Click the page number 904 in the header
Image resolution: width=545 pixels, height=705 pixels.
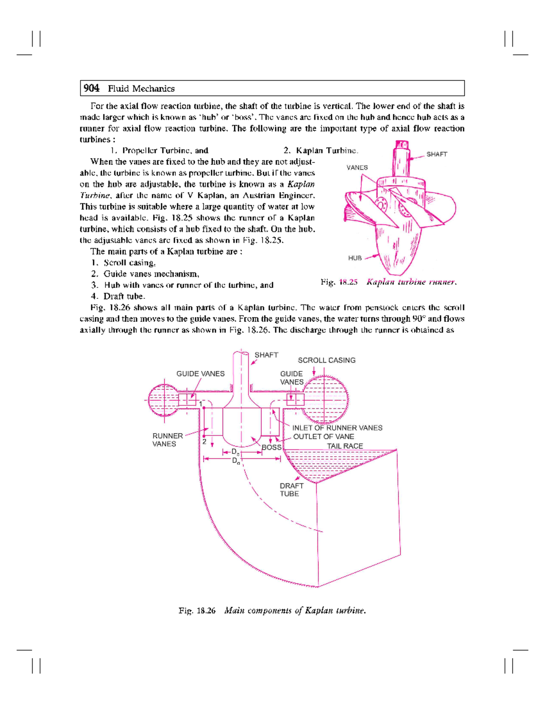(x=91, y=88)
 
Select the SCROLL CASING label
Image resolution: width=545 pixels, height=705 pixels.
(x=326, y=360)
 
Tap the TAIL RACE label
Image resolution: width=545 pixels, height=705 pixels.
(x=345, y=446)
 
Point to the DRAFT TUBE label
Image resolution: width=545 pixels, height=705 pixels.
(x=291, y=489)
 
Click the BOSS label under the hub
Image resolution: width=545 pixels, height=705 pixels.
(x=271, y=447)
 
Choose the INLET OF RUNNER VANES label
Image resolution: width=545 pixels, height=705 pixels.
(x=337, y=428)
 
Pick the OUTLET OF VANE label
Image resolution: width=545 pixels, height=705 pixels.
(x=323, y=436)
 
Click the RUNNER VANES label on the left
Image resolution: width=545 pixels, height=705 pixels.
(x=168, y=439)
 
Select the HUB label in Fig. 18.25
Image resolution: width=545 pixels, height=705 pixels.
(x=355, y=258)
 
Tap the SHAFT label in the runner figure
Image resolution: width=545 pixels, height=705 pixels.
(x=436, y=154)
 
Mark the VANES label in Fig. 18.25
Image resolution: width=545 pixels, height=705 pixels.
(x=357, y=168)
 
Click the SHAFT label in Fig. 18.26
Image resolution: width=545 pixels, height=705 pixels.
(x=266, y=355)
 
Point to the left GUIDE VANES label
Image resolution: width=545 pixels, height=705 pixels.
(x=200, y=374)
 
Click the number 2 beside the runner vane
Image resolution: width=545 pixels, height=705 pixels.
(x=204, y=441)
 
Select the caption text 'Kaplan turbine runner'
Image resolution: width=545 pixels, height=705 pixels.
(x=411, y=282)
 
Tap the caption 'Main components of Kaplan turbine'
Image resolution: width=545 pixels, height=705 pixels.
(x=295, y=611)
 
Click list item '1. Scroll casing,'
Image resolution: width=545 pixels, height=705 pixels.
(x=123, y=262)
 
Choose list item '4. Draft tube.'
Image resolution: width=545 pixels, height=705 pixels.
(x=118, y=296)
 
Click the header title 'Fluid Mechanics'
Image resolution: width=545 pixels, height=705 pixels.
(x=141, y=89)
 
